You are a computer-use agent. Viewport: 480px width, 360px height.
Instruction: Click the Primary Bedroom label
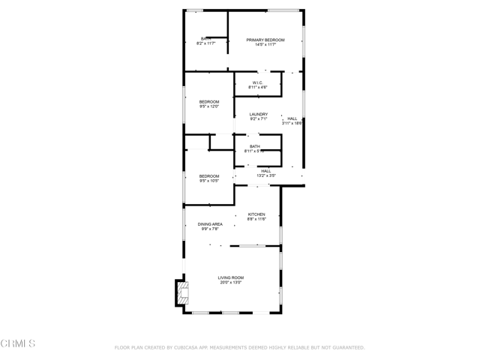point(265,39)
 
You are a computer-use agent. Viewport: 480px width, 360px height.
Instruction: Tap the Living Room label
point(232,277)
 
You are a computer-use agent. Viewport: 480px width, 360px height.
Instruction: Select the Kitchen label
point(256,214)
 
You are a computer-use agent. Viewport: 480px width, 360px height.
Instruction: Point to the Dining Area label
point(210,224)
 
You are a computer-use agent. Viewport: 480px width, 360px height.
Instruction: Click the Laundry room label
point(259,114)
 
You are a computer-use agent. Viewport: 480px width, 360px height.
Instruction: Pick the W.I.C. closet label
point(257,82)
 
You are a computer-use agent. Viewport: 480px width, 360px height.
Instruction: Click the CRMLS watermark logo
point(18,343)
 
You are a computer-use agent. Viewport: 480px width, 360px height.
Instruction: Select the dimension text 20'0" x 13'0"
point(232,283)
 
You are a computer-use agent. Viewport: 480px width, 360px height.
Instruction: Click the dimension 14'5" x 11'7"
point(265,44)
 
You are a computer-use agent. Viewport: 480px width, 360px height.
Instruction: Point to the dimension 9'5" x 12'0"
point(209,106)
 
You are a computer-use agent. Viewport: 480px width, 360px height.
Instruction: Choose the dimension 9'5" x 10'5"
point(209,181)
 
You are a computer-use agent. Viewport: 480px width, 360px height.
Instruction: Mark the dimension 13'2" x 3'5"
point(266,175)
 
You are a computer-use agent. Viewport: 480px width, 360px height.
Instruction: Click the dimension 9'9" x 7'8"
point(210,229)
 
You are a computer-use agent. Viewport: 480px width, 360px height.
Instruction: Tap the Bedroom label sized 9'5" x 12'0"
point(209,101)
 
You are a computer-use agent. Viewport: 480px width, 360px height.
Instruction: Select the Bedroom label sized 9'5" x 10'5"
point(209,175)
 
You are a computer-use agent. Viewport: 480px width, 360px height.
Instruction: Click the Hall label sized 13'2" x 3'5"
point(266,170)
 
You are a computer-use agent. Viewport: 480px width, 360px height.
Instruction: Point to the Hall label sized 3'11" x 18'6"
point(292,118)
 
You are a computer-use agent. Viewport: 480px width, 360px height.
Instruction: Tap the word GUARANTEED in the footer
point(346,348)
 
